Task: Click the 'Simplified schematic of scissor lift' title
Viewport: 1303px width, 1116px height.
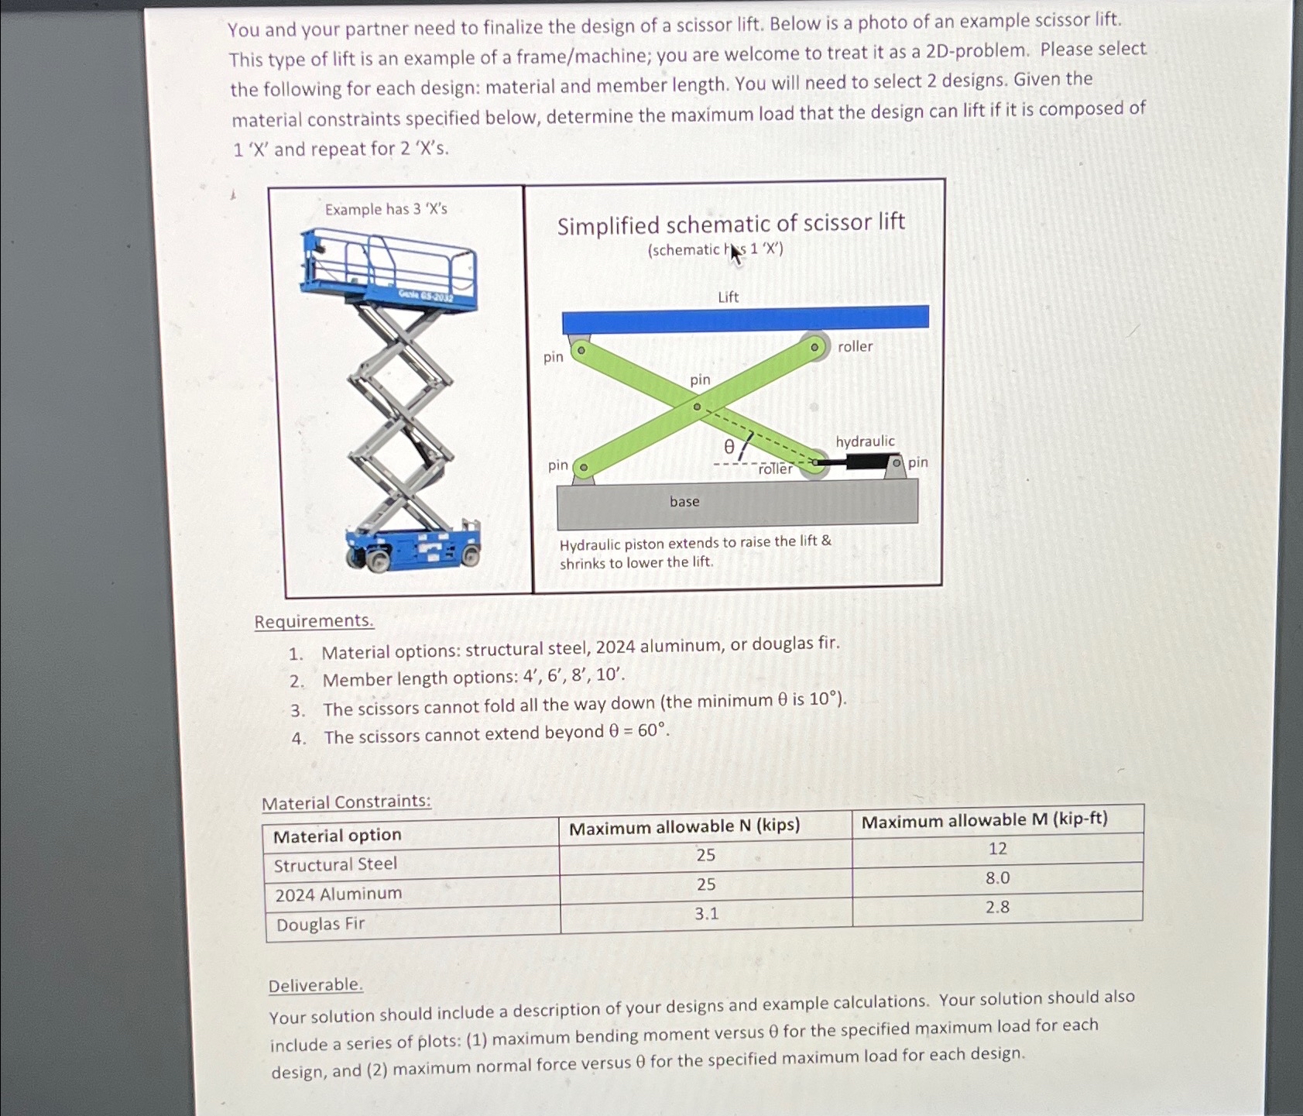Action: pos(731,225)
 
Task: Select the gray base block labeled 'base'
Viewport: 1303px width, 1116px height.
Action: pos(737,503)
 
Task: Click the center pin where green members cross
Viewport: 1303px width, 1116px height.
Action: pos(697,407)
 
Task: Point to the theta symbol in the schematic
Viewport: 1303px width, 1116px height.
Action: pos(729,447)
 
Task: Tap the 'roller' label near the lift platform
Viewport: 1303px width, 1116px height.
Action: pos(855,347)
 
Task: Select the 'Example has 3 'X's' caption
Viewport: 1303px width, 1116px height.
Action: pos(386,209)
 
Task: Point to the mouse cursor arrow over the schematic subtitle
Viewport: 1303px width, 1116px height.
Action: pos(735,253)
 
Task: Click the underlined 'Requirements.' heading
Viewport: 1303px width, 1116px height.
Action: pos(314,621)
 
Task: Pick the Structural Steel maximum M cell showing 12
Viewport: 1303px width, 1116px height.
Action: pos(997,849)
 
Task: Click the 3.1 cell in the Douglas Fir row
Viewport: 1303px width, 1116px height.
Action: pos(706,914)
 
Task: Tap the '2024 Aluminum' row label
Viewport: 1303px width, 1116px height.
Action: pos(338,895)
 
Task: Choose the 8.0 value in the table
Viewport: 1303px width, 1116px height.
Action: pos(997,878)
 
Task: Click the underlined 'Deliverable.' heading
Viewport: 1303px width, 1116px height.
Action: pos(315,985)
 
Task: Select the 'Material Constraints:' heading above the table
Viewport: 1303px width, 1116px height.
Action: pos(346,802)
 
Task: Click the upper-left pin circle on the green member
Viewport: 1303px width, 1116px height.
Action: pos(581,350)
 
